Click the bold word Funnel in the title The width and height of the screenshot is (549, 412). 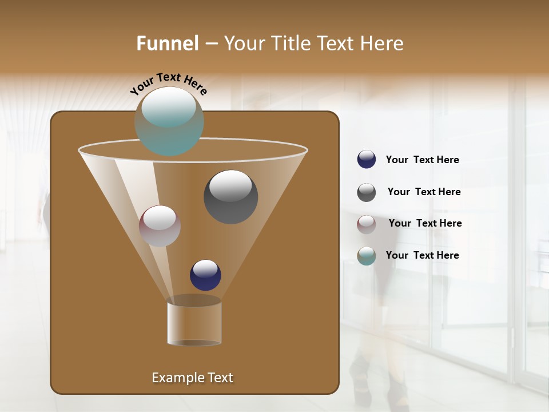(167, 43)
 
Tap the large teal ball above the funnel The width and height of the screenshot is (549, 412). (169, 121)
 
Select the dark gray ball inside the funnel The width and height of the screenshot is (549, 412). (230, 197)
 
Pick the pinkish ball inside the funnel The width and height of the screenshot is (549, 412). (160, 226)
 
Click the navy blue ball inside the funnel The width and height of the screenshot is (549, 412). (205, 275)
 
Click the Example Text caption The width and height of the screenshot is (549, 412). (192, 378)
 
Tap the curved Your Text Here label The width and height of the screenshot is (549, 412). (169, 84)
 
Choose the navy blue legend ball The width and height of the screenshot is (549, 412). (367, 160)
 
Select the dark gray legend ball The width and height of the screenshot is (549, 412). (367, 192)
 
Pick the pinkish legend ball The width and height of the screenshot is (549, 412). (367, 224)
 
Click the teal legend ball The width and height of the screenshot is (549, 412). (367, 256)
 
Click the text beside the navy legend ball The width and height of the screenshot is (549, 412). (422, 160)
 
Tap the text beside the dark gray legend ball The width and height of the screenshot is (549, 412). (424, 192)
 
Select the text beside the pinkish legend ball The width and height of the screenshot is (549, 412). (425, 223)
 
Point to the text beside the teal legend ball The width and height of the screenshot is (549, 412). (422, 255)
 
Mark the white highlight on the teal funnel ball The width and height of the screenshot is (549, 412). (169, 107)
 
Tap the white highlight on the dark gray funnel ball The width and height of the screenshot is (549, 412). (230, 185)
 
